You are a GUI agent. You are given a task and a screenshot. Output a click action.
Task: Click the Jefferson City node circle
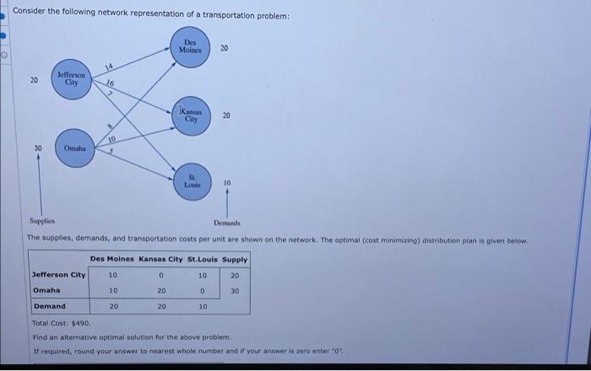click(72, 81)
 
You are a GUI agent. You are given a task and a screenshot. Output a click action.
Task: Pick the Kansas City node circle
click(192, 116)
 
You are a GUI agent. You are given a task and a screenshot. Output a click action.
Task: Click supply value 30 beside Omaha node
click(38, 148)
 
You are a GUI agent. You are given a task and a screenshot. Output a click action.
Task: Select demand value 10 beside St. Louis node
click(227, 183)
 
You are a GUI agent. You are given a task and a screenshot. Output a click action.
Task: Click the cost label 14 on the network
click(108, 67)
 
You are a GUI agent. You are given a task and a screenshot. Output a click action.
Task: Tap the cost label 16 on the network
click(110, 83)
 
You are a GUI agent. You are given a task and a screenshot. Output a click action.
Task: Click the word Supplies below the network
click(41, 223)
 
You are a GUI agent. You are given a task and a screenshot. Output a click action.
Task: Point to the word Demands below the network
click(227, 223)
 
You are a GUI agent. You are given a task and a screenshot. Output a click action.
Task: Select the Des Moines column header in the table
click(112, 260)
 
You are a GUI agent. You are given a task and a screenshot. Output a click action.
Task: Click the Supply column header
click(235, 260)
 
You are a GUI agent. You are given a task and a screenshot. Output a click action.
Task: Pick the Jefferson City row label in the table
click(58, 275)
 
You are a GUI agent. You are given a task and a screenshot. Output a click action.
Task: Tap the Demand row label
click(49, 306)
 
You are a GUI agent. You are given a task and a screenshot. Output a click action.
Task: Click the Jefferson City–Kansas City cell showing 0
click(160, 275)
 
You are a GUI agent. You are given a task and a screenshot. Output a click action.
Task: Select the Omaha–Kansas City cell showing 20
click(160, 291)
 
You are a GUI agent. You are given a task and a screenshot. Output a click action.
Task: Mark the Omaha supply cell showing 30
click(235, 291)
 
